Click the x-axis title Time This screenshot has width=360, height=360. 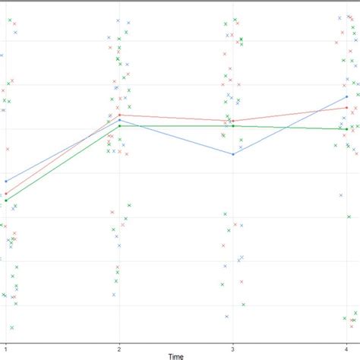(175, 355)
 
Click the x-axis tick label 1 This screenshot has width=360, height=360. (6, 348)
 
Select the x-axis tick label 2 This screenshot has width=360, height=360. (119, 348)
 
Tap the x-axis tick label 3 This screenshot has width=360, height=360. (232, 348)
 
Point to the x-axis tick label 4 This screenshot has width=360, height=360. (346, 348)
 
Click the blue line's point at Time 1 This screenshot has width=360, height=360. (6, 182)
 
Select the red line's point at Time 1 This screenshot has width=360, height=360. (6, 194)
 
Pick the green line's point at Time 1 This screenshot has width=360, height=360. (6, 201)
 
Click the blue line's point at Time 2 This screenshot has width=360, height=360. (119, 120)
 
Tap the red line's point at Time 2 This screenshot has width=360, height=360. (119, 115)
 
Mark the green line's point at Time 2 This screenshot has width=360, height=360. (119, 125)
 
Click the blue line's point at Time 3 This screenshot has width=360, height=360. (232, 154)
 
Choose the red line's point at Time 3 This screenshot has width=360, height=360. (232, 121)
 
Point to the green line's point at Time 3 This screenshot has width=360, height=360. (232, 125)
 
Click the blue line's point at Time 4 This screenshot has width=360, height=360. (346, 97)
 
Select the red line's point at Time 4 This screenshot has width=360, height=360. (346, 108)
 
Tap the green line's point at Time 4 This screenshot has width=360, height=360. (346, 129)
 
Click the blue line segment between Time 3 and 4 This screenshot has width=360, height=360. (289, 125)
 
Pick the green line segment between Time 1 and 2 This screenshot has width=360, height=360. (62, 163)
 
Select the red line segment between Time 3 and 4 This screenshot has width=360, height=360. (289, 114)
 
